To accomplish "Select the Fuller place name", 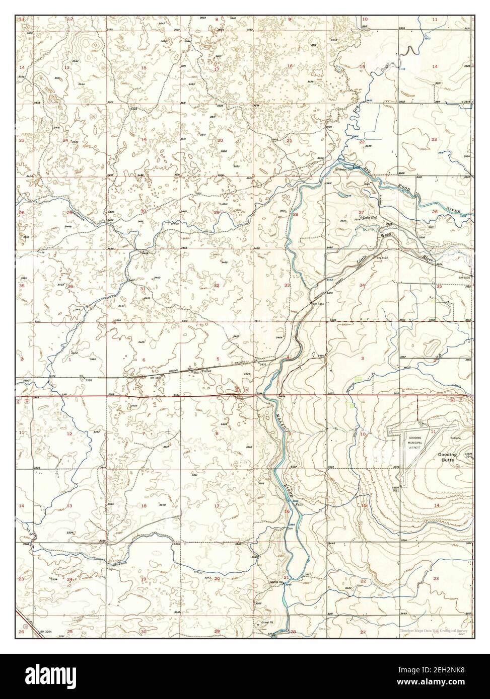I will pyautogui.click(x=205, y=371).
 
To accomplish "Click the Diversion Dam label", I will pyautogui.click(x=346, y=169).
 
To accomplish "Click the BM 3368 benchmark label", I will pyautogui.click(x=88, y=380).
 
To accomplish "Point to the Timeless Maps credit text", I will pyautogui.click(x=434, y=631).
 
